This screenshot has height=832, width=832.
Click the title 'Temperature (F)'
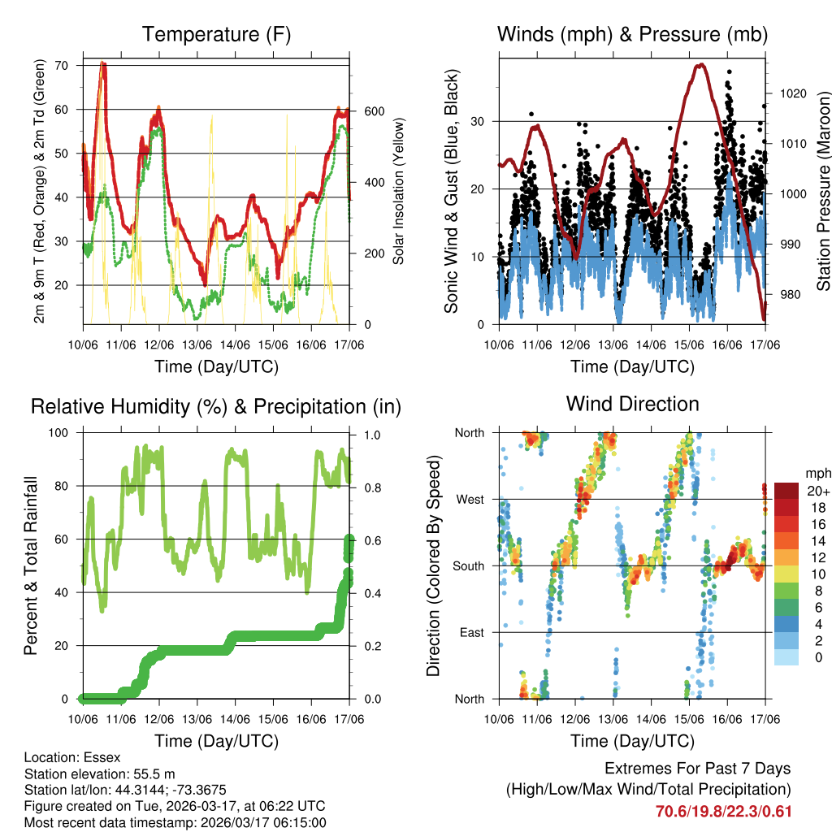click(215, 34)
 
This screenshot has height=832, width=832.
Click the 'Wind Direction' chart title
click(632, 403)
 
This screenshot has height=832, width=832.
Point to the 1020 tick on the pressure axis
click(791, 93)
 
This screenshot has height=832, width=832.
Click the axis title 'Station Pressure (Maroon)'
click(822, 191)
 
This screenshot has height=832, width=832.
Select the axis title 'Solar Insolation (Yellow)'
click(399, 191)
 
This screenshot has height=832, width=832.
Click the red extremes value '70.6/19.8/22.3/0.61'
click(723, 811)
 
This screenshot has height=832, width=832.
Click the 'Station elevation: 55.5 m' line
click(98, 773)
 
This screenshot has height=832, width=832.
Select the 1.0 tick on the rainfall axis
click(373, 435)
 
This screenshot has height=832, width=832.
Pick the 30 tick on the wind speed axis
click(480, 121)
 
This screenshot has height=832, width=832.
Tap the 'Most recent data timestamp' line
click(175, 822)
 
